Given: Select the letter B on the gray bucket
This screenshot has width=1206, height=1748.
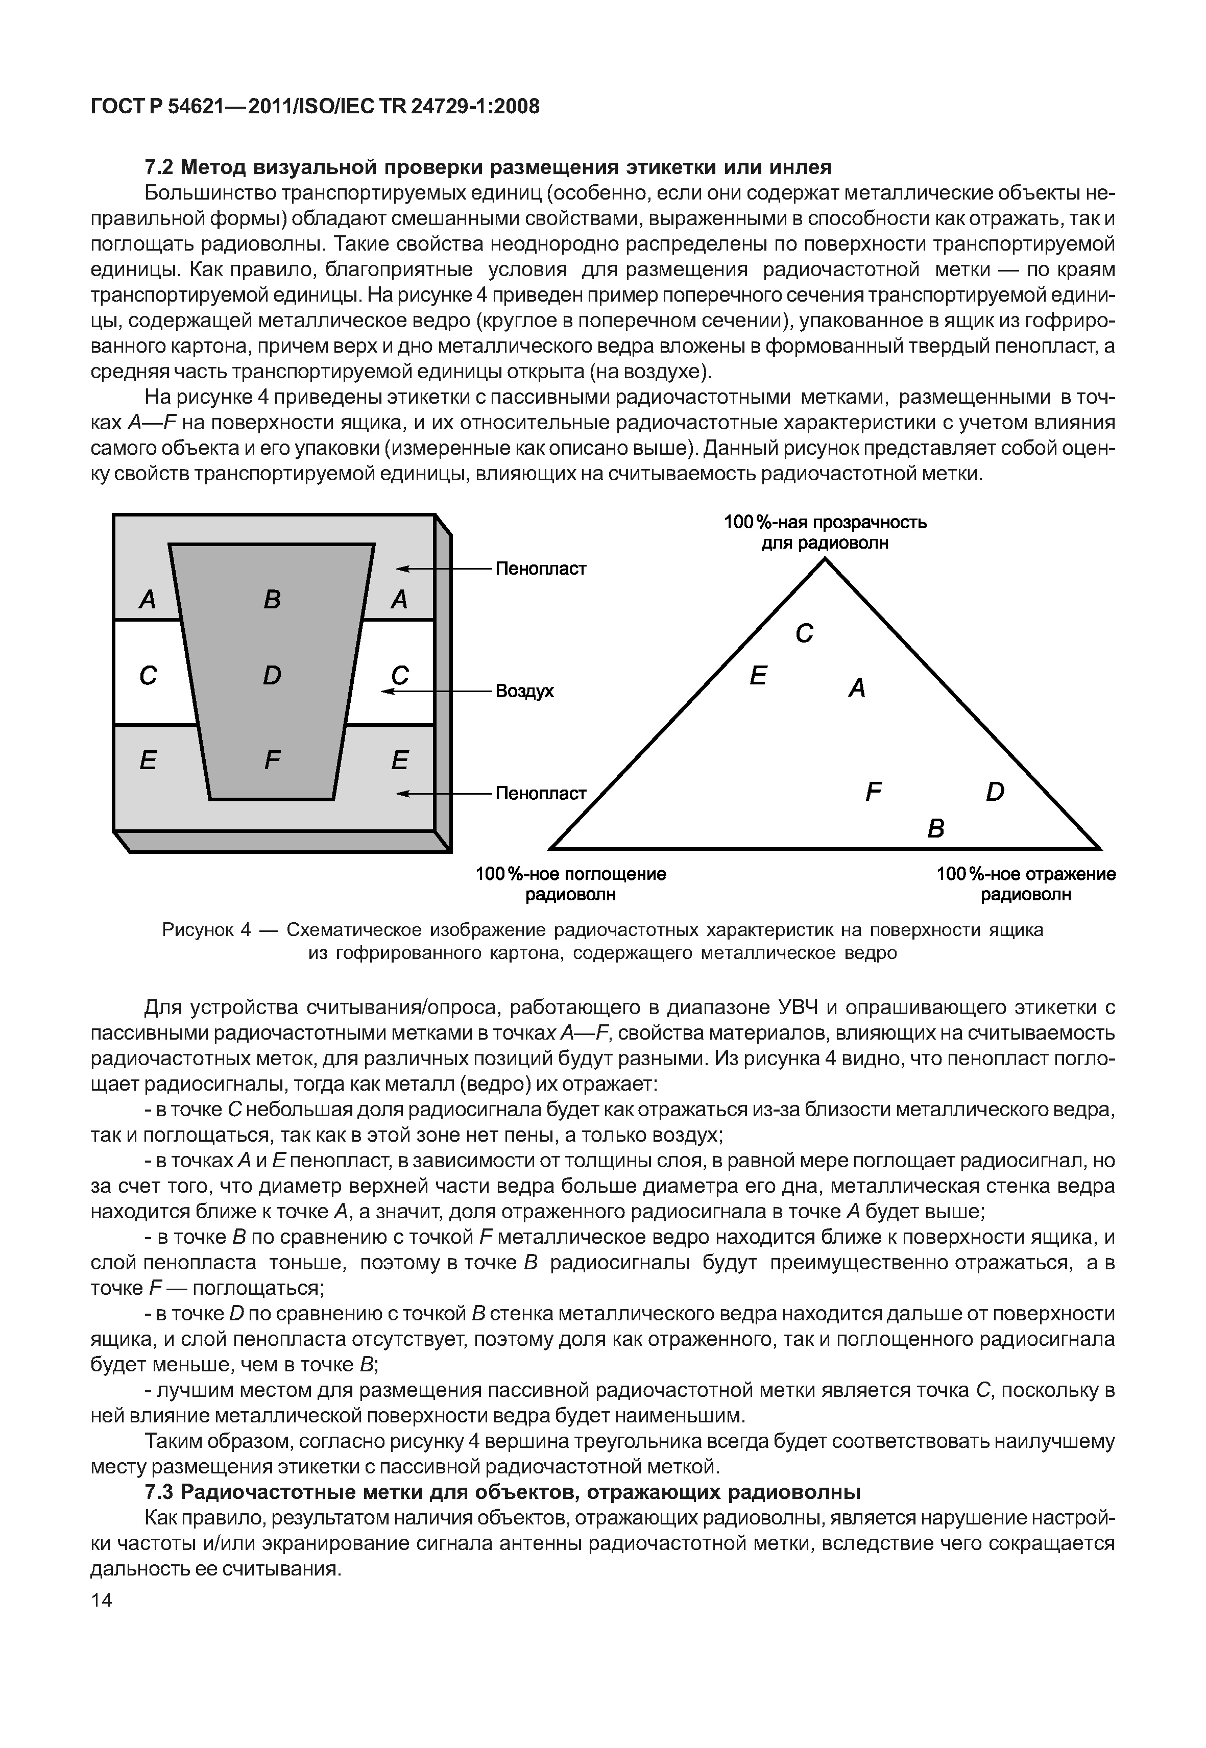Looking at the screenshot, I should coord(272,599).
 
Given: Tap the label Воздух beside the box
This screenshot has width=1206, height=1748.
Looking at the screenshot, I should coord(524,691).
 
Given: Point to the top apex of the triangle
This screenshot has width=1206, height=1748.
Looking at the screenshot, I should coord(825,559).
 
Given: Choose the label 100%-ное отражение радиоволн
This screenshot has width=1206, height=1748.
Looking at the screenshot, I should coord(1025,884).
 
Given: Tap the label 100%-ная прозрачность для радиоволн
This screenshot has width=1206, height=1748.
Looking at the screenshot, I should coord(825,532).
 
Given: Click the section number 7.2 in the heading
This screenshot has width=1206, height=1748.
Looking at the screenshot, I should coord(159,166).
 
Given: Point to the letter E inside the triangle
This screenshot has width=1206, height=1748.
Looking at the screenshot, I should coord(758,675).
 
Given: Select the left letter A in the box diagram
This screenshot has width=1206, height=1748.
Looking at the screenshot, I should coord(148,599).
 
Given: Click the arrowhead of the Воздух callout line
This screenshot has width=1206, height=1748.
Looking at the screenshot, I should coord(388,691).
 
